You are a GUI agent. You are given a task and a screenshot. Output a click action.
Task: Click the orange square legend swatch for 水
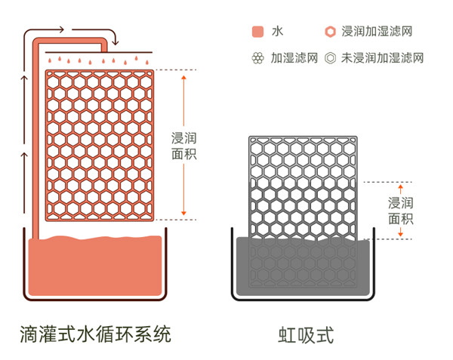pos(257,32)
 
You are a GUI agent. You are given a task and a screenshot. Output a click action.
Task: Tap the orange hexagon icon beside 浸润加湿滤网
pos(330,32)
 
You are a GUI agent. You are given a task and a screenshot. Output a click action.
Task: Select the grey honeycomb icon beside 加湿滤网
pos(257,57)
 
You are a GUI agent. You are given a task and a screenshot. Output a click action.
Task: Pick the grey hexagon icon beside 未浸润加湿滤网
pos(330,57)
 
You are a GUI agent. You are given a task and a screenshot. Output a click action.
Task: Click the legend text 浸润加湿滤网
pos(377,32)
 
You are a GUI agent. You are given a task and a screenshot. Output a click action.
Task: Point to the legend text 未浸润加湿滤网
pos(382,57)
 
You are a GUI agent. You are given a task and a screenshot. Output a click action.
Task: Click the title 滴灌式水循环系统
pos(96,333)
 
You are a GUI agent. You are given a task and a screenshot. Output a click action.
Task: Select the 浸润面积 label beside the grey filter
pos(400,211)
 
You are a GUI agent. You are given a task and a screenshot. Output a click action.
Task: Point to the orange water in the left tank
pos(94,268)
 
